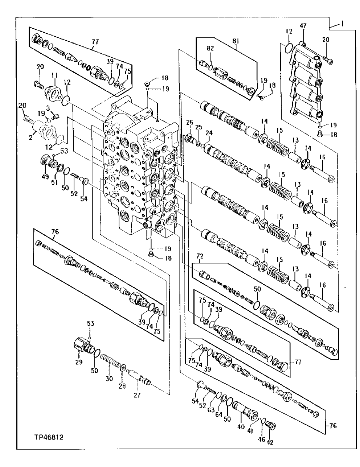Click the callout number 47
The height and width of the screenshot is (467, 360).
pos(303,26)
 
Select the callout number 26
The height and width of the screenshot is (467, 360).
pos(189,122)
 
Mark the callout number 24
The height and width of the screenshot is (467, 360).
pos(208,132)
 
